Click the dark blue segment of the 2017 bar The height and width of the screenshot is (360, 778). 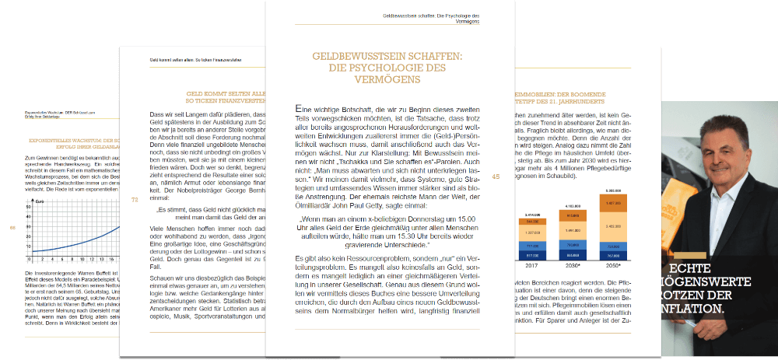[533, 253]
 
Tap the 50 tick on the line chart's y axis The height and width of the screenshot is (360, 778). [30, 208]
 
